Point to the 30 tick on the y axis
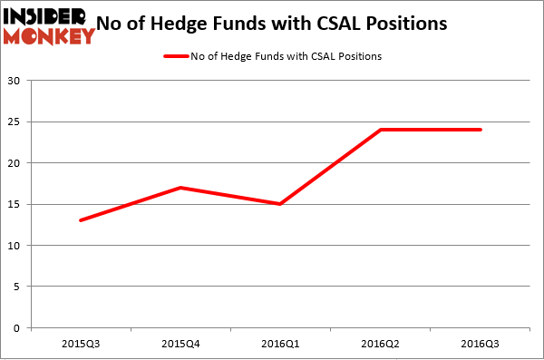(15, 81)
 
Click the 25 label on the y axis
(15, 122)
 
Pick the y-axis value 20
(15, 163)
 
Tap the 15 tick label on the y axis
(15, 204)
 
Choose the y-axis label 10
(15, 246)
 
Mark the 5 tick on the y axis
(18, 287)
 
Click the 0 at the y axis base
(18, 328)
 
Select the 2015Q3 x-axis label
(82, 344)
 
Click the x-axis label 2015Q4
(181, 344)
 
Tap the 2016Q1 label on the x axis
(281, 344)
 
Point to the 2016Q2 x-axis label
(381, 344)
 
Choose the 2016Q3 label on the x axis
(481, 344)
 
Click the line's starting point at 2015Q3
(82, 220)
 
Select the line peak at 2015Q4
(181, 188)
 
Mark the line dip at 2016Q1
(281, 204)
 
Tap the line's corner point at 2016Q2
(381, 130)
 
